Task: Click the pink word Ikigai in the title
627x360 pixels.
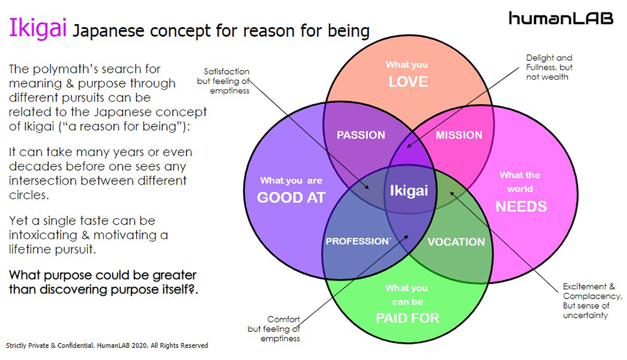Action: pos(37,29)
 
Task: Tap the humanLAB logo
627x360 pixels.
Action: pos(561,18)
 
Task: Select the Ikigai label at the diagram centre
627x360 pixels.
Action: pos(408,190)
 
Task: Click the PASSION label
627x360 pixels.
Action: pos(361,135)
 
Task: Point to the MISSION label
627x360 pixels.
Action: pos(459,135)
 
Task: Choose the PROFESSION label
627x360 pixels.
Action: pos(356,241)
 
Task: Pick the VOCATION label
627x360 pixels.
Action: pos(456,242)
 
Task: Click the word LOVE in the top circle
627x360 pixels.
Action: pos(407,82)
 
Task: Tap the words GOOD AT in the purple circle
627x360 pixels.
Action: pos(291,197)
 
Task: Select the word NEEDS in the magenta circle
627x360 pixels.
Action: pos(521,206)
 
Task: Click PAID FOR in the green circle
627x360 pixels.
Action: pos(407,318)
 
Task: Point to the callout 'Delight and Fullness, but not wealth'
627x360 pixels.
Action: pos(549,68)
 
